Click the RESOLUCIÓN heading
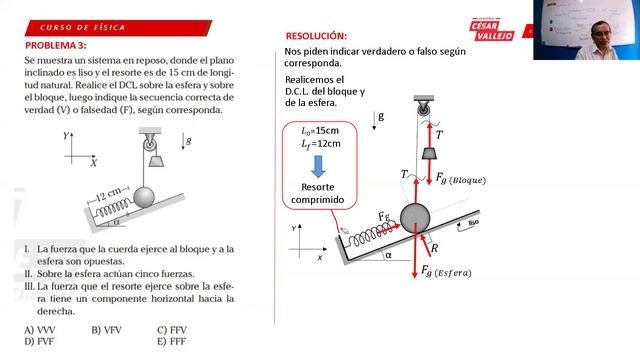(316, 35)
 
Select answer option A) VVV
(40, 329)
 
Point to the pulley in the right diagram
(421, 104)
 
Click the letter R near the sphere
(433, 242)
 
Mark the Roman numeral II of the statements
(30, 273)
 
